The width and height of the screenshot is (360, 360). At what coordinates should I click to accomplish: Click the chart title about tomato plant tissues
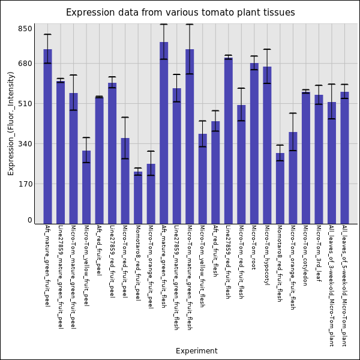(x=180, y=13)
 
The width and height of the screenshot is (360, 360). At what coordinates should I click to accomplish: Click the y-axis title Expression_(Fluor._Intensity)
(x=11, y=123)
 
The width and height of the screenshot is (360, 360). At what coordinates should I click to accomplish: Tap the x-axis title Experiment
(x=196, y=351)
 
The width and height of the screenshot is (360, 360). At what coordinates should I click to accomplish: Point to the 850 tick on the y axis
(x=25, y=28)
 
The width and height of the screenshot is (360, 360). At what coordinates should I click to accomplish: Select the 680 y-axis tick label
(x=25, y=63)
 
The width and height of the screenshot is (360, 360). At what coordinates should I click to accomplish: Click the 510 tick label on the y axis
(x=25, y=103)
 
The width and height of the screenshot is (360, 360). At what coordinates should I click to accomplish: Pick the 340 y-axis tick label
(x=25, y=143)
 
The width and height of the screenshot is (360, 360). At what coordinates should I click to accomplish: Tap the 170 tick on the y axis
(x=25, y=184)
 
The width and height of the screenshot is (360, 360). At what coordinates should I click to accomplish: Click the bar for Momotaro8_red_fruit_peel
(x=138, y=198)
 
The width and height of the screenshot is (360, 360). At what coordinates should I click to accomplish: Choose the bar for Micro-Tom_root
(x=254, y=143)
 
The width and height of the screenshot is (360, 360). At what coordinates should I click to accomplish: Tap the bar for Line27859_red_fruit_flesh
(x=229, y=141)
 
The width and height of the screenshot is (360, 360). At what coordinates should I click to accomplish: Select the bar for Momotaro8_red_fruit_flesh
(x=280, y=188)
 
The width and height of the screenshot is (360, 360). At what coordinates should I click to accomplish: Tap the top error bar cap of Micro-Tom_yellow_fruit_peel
(x=86, y=137)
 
